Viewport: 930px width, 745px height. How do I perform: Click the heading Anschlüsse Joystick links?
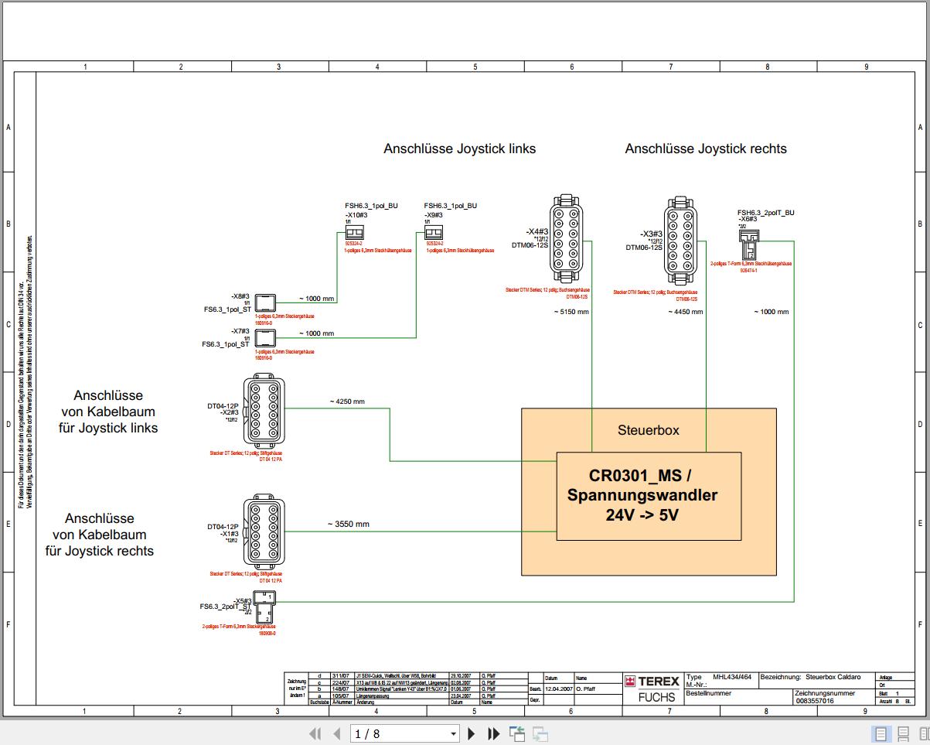pos(459,149)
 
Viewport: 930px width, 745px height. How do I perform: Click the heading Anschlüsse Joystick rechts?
pos(705,149)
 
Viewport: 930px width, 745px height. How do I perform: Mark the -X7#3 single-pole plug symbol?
pos(265,337)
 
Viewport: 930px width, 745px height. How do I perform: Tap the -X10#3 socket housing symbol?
pos(354,233)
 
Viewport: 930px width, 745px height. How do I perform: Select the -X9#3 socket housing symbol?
pos(433,233)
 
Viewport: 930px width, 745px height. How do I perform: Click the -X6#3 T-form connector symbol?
pos(748,244)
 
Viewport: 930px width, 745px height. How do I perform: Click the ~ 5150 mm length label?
pos(571,312)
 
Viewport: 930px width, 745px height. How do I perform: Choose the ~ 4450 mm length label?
pos(686,312)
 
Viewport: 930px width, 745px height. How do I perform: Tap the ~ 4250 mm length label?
pos(347,402)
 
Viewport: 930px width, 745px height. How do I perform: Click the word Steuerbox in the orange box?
pos(648,430)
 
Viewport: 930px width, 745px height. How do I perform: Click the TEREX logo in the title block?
pos(652,681)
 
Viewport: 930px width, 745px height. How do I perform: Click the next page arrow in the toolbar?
pos(472,733)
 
